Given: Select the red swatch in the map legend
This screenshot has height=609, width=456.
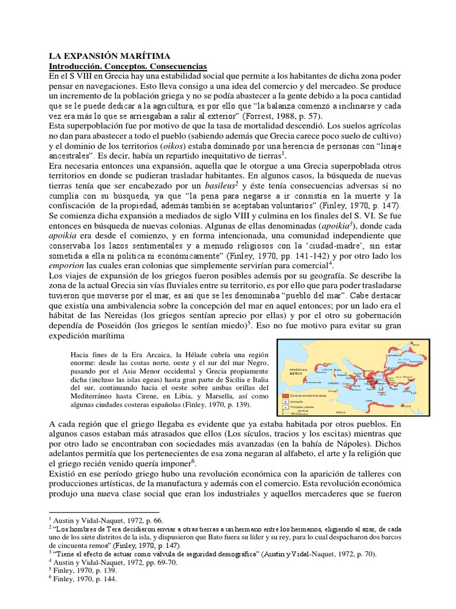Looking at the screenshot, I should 286,394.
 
